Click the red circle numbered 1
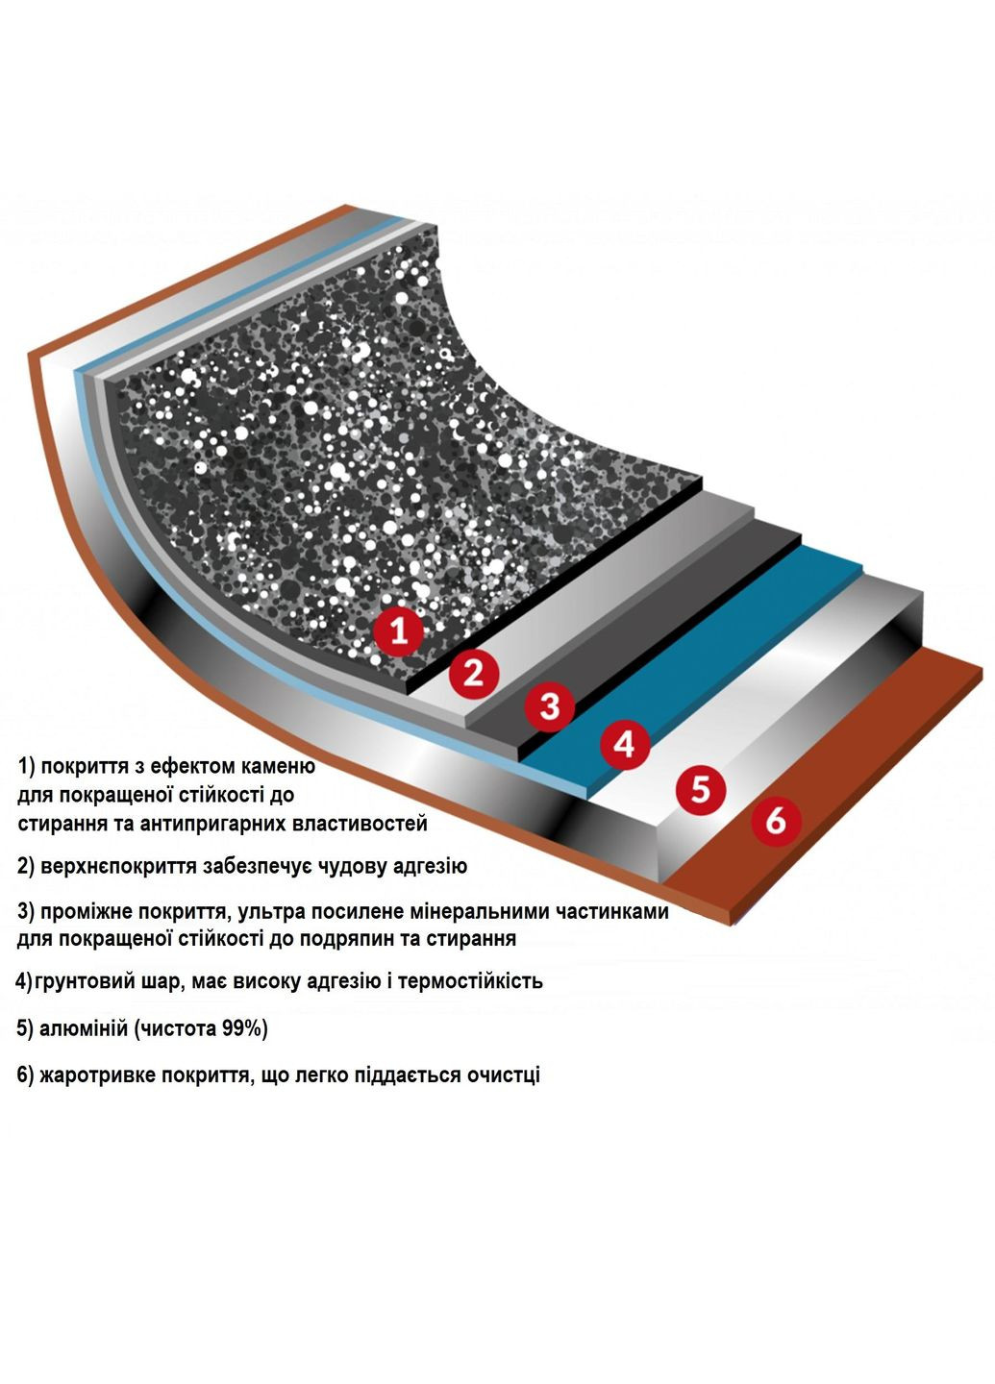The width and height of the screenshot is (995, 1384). (x=399, y=632)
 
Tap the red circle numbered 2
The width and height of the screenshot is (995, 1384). (x=473, y=672)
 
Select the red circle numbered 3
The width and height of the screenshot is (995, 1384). (x=550, y=706)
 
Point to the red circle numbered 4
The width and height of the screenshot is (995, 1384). (x=624, y=745)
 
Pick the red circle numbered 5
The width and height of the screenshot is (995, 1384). (x=700, y=789)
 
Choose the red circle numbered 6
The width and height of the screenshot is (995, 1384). (x=776, y=821)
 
